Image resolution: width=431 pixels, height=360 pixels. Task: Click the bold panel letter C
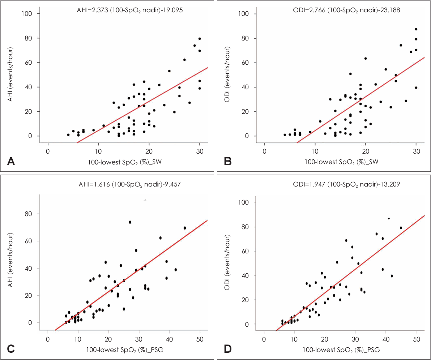pos(11,350)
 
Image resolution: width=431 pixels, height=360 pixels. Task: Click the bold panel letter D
pos(228,350)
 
